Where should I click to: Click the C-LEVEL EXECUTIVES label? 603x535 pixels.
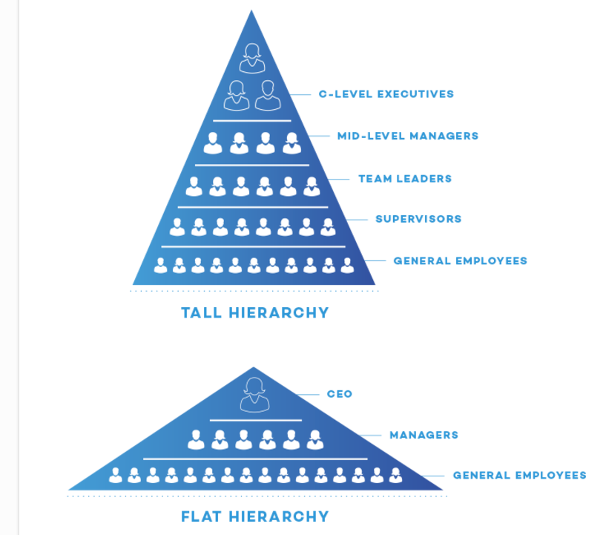point(386,94)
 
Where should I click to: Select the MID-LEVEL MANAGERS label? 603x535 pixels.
point(407,136)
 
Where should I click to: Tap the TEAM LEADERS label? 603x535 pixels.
point(405,178)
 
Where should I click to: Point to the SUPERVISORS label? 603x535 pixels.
point(418,219)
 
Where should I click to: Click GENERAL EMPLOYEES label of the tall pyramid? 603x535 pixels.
point(460,261)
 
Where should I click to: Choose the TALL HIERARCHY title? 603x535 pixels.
point(254,312)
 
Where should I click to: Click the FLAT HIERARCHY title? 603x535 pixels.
point(254,516)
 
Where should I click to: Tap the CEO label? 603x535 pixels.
point(340,394)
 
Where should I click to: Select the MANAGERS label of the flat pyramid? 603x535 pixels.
point(424,435)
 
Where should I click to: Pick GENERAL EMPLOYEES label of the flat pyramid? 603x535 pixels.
point(519,475)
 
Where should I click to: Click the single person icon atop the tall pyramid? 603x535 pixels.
point(252,58)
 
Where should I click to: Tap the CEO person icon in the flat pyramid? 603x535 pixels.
point(253,395)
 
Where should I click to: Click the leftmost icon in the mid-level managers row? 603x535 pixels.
point(213,143)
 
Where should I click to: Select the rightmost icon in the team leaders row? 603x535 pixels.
point(312,186)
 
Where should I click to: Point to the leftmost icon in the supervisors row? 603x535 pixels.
point(177,227)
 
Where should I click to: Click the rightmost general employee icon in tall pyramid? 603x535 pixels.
point(347,266)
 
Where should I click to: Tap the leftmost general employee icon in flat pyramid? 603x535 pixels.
point(115,475)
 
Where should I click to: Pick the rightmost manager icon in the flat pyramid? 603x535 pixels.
point(315,439)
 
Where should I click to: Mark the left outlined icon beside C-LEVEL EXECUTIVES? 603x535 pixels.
point(237,96)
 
